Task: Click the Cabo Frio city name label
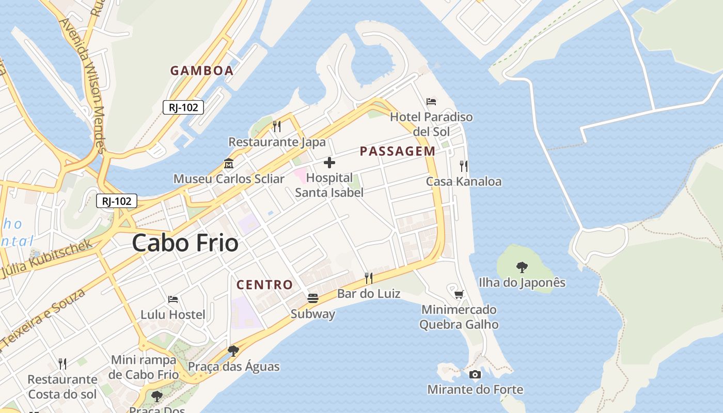click(185, 243)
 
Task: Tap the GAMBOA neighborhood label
click(202, 71)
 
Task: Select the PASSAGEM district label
click(397, 151)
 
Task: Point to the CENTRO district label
click(264, 284)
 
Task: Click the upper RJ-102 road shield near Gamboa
click(183, 107)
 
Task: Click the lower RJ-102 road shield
click(117, 201)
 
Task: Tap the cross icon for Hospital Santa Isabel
click(329, 163)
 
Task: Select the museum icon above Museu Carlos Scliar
click(228, 164)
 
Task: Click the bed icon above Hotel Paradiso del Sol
click(431, 101)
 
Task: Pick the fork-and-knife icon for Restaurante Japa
click(277, 126)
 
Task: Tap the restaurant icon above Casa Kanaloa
click(464, 166)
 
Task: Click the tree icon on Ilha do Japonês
click(522, 267)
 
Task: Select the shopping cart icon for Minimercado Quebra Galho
click(459, 294)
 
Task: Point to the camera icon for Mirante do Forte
click(475, 374)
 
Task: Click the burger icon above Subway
click(312, 298)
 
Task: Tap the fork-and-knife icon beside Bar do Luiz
click(369, 278)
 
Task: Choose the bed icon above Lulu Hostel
click(173, 299)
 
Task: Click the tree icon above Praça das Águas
click(233, 351)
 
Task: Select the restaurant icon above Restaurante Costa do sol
click(62, 363)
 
